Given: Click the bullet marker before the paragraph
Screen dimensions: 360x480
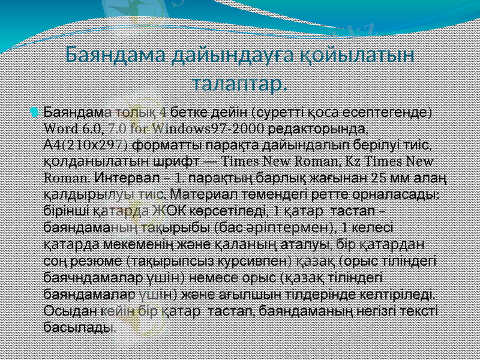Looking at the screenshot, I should coord(37,112).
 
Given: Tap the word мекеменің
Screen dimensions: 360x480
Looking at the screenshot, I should coord(131,244).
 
